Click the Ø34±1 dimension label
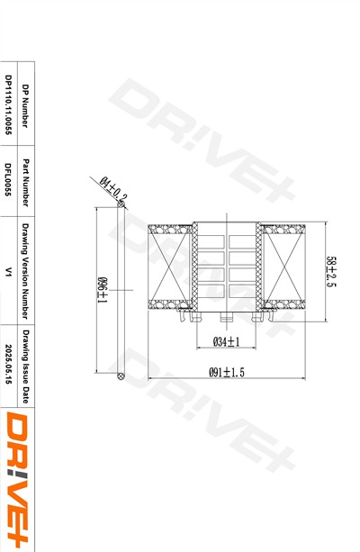tap(225, 341)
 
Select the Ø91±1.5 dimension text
tap(227, 372)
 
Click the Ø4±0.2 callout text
tap(113, 189)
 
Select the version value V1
tap(8, 271)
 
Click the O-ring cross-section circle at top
tap(120, 204)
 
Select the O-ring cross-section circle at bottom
tap(120, 375)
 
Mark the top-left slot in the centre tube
tap(212, 240)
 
